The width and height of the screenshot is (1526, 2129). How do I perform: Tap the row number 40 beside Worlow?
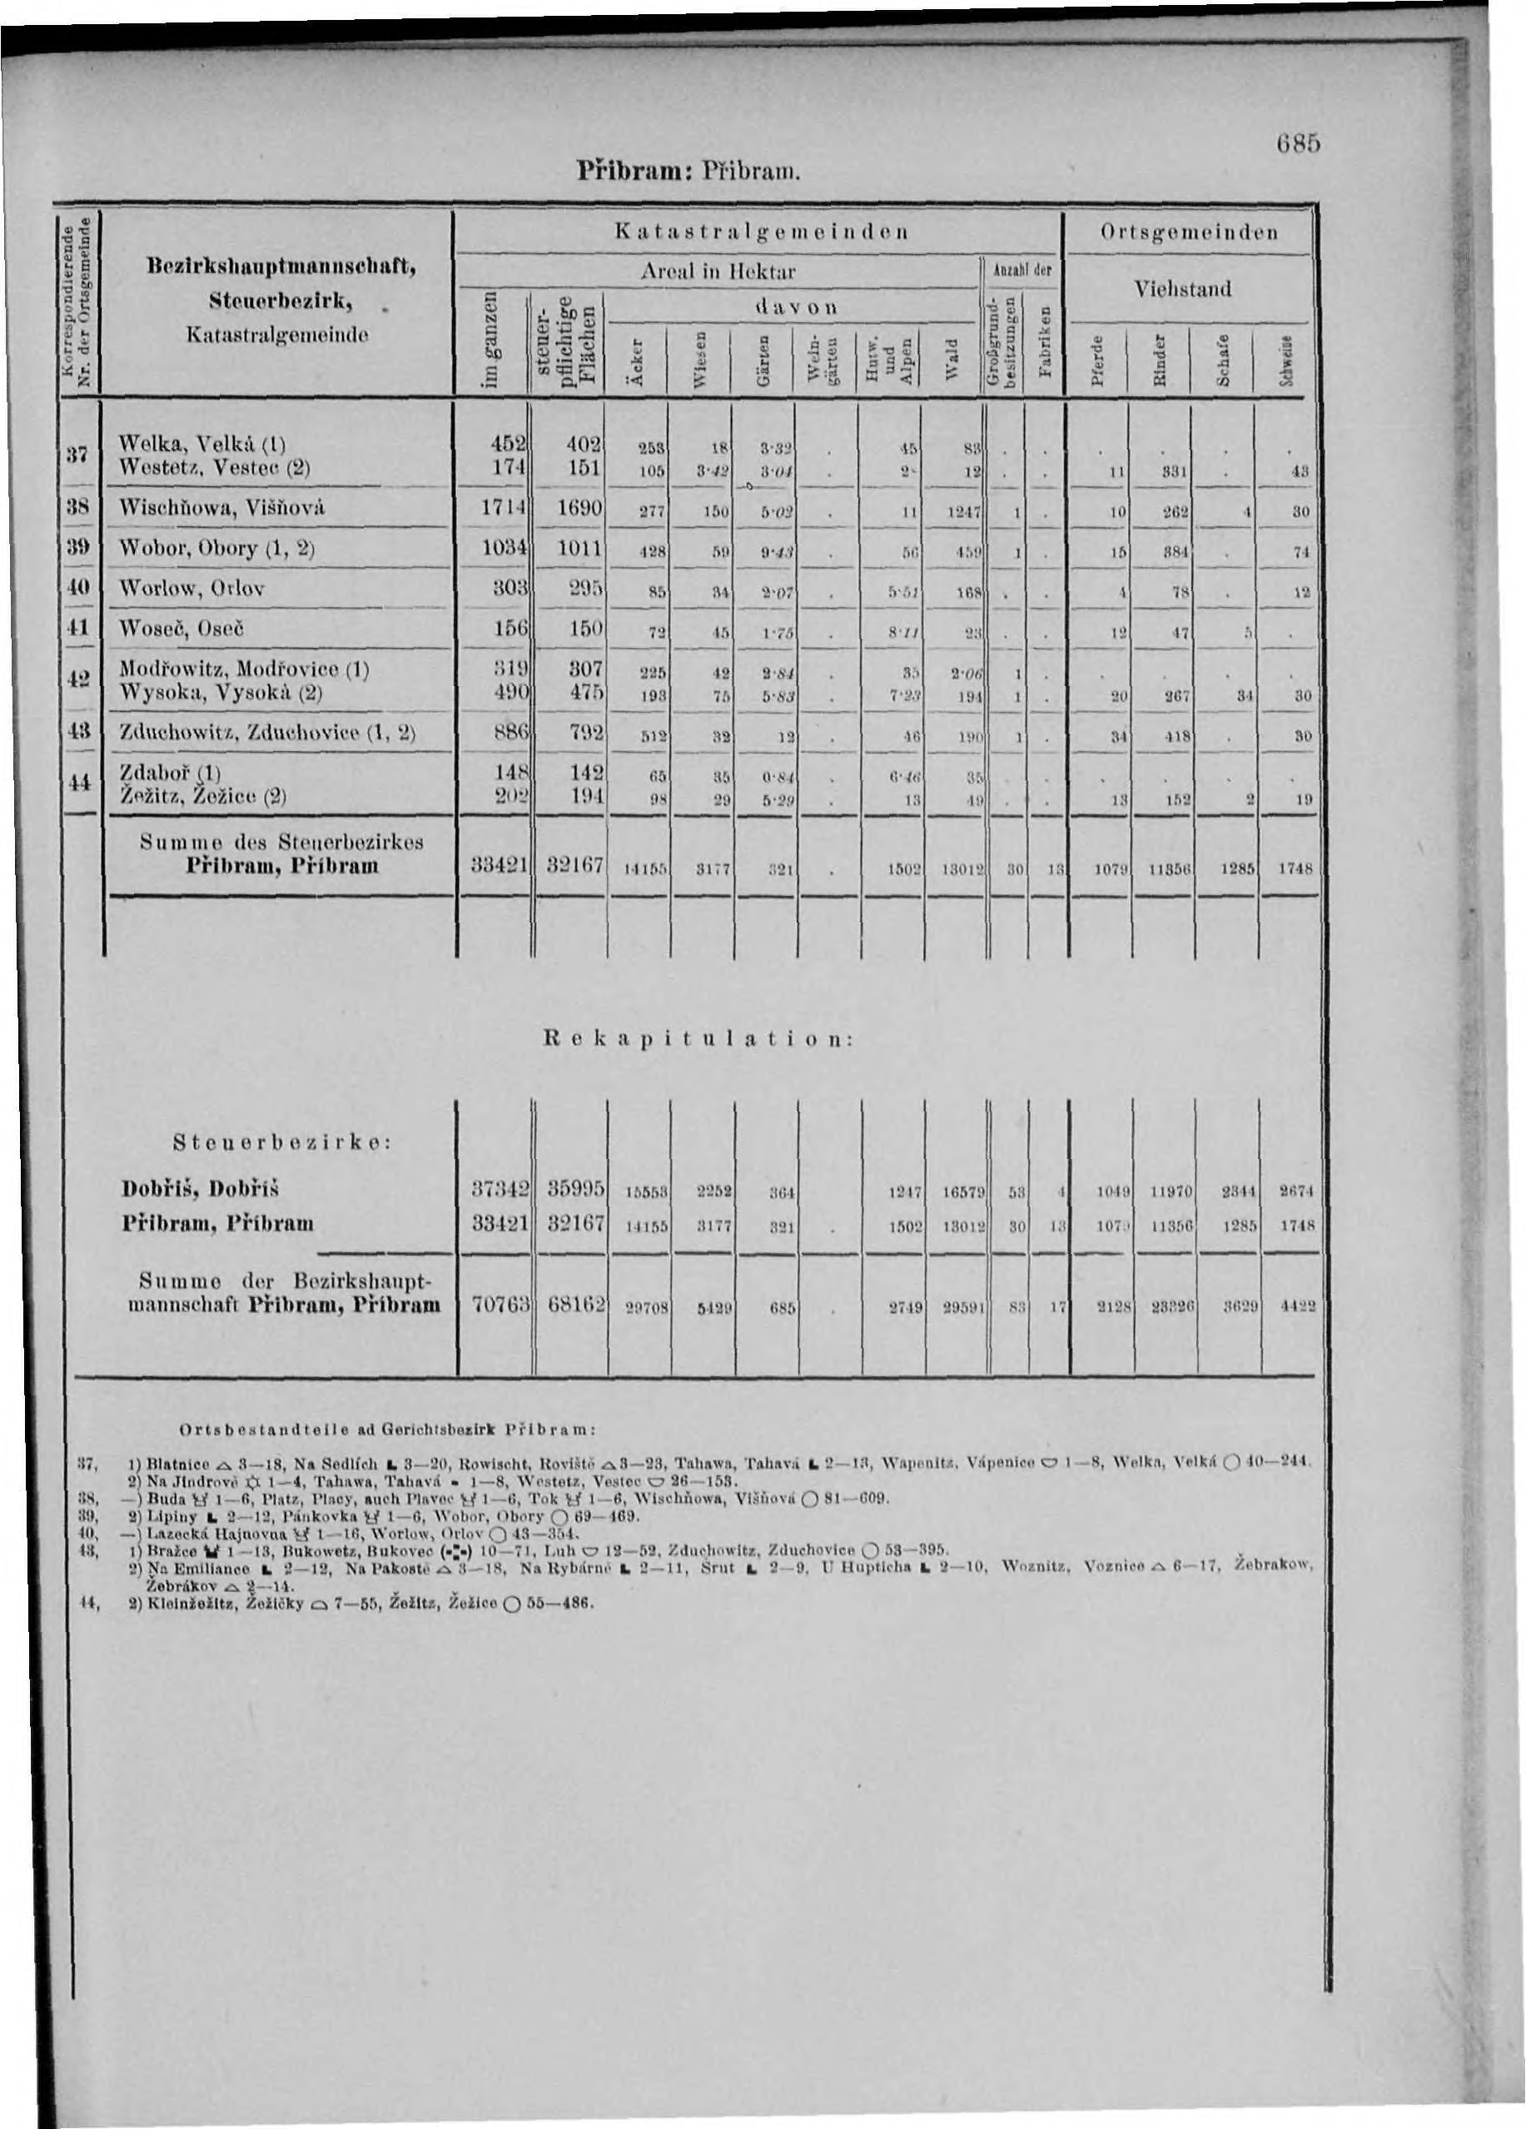coord(82,589)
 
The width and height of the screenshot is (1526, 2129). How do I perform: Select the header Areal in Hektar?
coord(718,272)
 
